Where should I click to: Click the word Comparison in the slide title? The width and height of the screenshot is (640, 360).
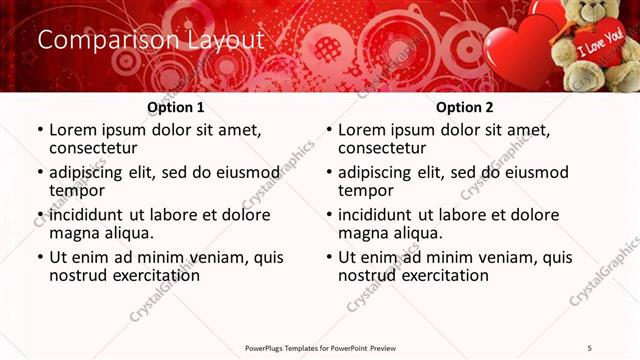97,40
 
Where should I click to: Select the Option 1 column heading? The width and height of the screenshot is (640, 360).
176,107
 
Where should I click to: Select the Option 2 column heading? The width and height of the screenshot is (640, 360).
465,107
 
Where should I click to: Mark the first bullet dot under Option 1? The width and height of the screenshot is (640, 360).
40,131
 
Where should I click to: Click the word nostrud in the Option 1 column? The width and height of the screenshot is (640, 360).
79,275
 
